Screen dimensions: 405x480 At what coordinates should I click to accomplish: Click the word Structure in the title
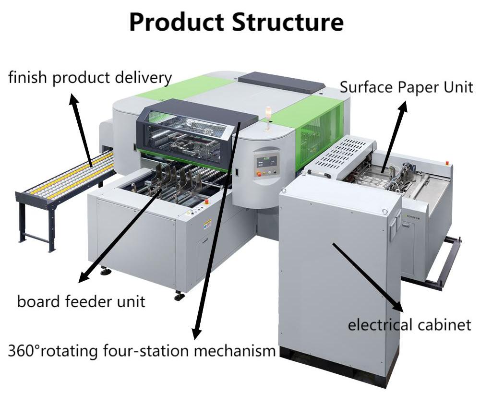coord(288,21)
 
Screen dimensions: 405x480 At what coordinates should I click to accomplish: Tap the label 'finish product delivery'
coord(90,77)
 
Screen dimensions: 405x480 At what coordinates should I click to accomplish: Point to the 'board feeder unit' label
coord(81,301)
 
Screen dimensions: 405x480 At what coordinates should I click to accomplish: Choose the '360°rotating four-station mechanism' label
coord(142,350)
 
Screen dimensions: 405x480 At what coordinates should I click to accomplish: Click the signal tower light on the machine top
coord(268,114)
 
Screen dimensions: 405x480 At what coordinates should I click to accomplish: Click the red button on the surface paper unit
coord(448,163)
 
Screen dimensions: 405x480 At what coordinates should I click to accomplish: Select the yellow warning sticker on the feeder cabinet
coord(208,223)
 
